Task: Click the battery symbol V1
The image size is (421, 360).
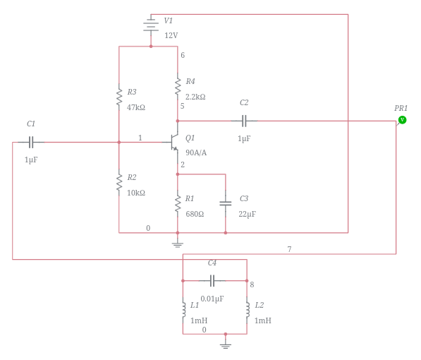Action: (150, 25)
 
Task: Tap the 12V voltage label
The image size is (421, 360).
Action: (171, 35)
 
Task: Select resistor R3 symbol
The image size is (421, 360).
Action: (119, 98)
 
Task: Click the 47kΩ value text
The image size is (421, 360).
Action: (136, 108)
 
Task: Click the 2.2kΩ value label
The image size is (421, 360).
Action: (195, 97)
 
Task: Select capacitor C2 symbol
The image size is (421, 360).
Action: (244, 121)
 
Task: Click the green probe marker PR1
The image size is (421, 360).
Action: (402, 120)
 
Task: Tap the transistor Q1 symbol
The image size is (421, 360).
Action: (173, 143)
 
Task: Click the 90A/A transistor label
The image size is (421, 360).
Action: (196, 153)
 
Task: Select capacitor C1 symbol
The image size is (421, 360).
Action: (31, 142)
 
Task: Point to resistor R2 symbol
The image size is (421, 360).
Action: (119, 183)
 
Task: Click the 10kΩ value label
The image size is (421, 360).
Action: (136, 193)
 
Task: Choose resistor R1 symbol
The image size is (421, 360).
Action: (178, 204)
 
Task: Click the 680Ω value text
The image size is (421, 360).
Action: (195, 215)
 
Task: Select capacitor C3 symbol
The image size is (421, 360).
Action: (226, 203)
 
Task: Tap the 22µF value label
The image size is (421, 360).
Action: (247, 215)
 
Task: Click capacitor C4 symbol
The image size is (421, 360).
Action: (212, 281)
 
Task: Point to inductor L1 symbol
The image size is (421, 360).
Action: (183, 310)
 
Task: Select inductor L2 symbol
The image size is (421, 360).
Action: (248, 310)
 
